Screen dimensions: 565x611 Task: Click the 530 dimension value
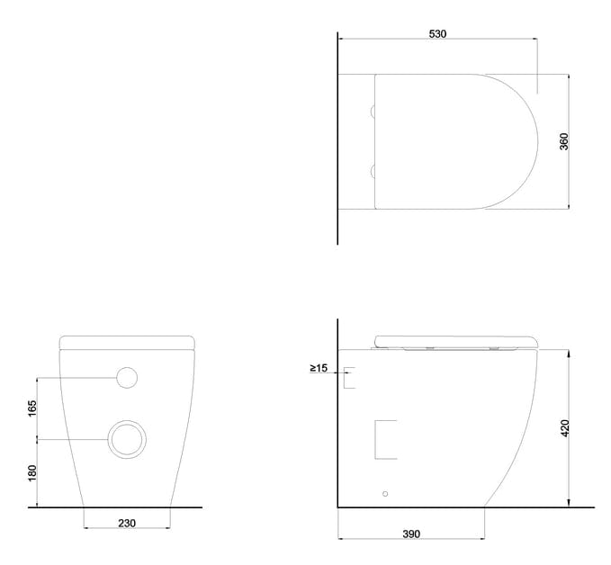pos(437,33)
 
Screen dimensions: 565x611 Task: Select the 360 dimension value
pos(564,141)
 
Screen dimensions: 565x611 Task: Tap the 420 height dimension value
pos(564,428)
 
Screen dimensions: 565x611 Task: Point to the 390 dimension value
pos(410,534)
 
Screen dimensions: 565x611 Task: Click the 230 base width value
pos(127,524)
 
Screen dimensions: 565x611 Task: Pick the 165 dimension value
pos(32,408)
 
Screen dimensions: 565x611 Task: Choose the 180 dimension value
pos(32,473)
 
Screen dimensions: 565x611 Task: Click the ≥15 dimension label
pos(319,367)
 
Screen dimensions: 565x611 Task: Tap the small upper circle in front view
pos(127,378)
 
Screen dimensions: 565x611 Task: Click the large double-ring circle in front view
pos(126,439)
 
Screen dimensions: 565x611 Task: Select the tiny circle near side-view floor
pos(386,494)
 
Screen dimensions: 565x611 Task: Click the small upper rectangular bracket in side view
pos(350,377)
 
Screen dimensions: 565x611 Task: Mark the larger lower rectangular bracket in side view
pos(385,440)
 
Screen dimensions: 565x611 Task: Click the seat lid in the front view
pos(127,341)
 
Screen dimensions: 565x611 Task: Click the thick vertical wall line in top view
pos(337,135)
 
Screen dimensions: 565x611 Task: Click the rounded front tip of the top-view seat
pos(535,141)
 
